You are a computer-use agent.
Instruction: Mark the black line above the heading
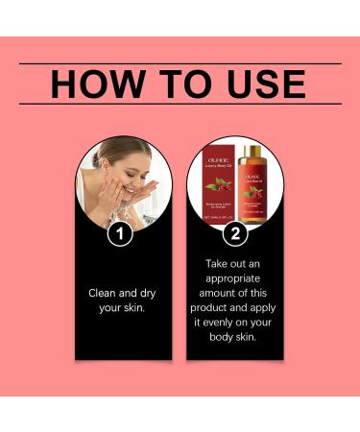[180, 63]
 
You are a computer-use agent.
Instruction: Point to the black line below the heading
[180, 103]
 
